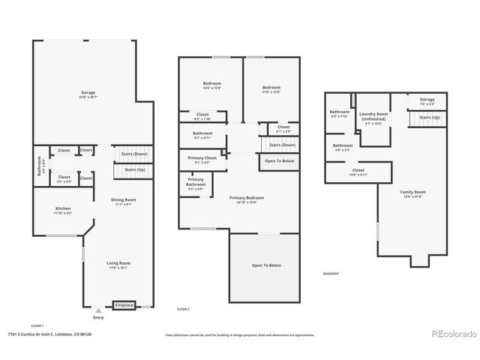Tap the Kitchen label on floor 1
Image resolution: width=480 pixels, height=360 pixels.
(62, 210)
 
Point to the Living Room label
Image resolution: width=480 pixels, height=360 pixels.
(118, 265)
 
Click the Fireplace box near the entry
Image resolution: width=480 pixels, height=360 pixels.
(124, 305)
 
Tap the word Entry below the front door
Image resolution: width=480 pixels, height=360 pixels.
(99, 318)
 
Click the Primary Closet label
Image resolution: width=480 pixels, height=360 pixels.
(202, 160)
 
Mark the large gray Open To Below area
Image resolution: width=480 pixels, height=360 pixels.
(266, 265)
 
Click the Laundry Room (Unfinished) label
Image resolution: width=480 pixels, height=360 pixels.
(373, 118)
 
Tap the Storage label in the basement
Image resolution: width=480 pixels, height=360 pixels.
(427, 100)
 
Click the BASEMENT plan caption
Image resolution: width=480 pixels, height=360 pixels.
(331, 274)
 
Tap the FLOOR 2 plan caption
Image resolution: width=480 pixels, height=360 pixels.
(183, 309)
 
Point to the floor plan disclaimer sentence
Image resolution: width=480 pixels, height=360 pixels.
(238, 334)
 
